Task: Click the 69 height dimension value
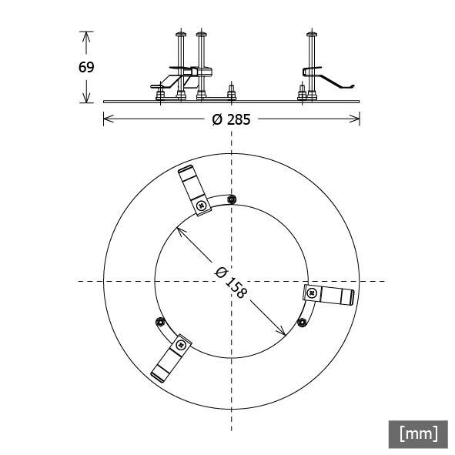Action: (x=86, y=67)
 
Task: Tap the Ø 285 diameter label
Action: (x=231, y=119)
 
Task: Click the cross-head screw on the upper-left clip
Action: (x=201, y=206)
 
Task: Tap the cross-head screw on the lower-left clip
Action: (x=182, y=343)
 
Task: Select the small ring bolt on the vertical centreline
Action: (x=232, y=199)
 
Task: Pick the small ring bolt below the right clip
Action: (x=303, y=323)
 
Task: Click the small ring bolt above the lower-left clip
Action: (x=160, y=321)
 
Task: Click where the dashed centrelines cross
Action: (x=232, y=281)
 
